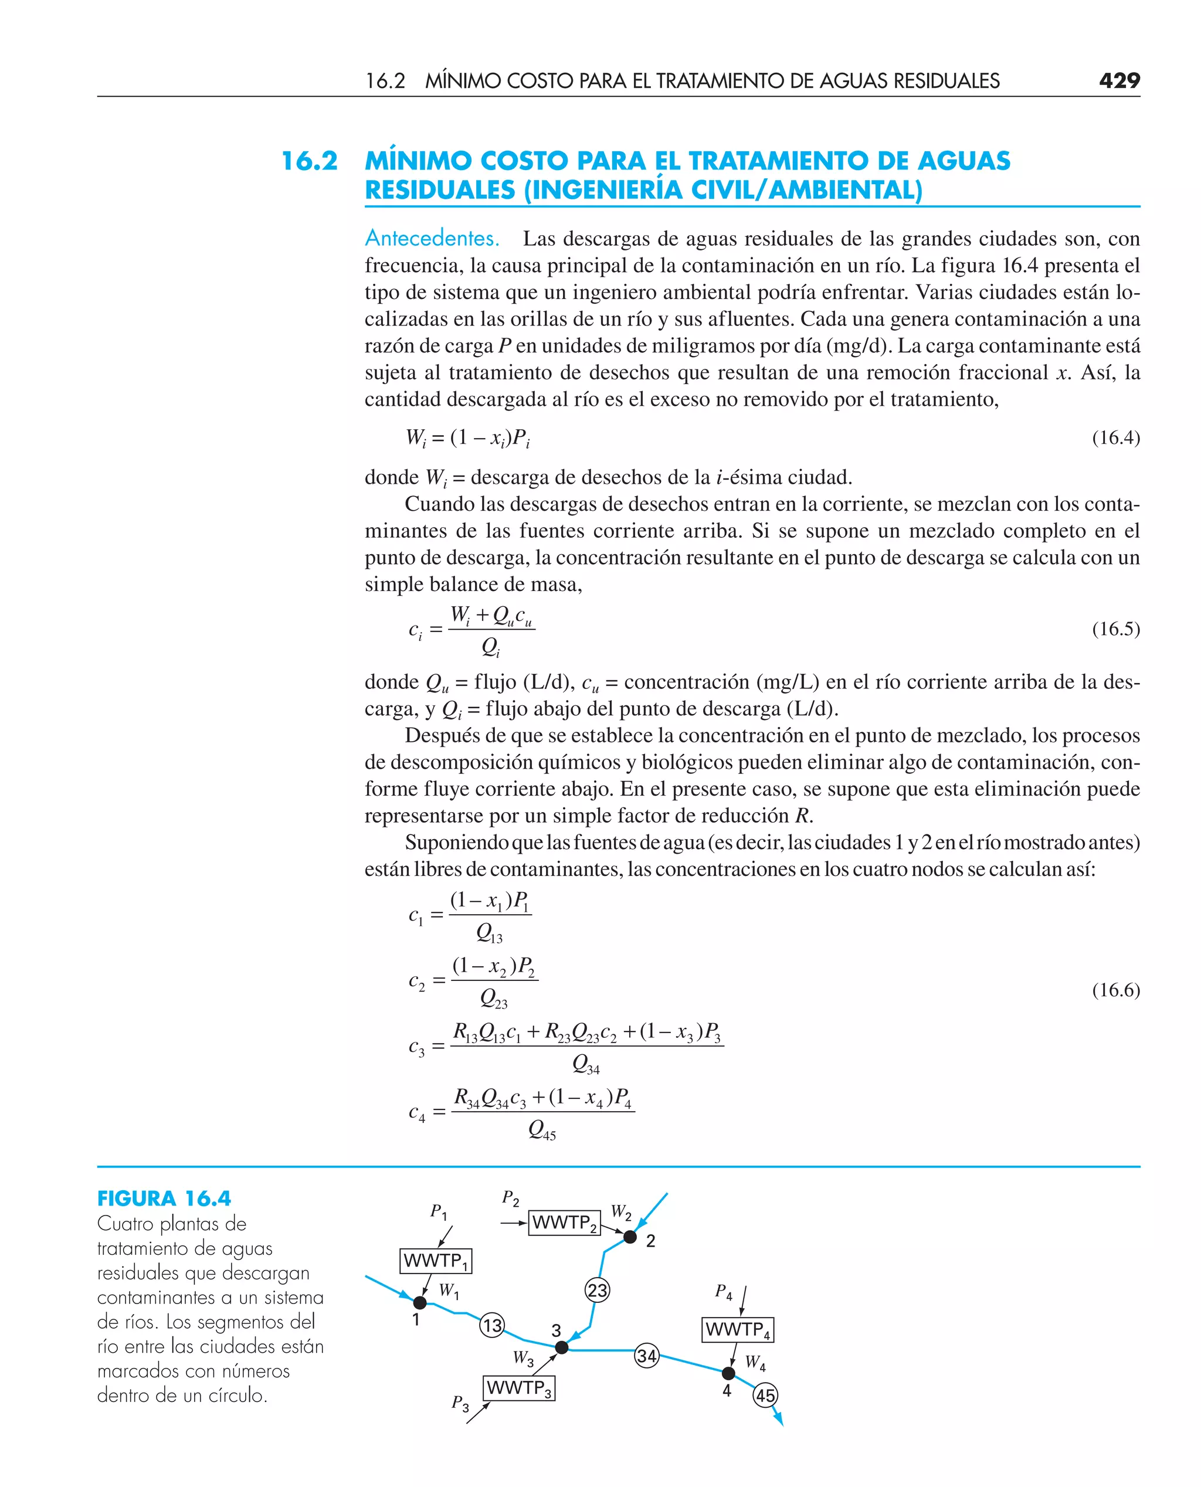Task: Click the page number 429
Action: point(1119,81)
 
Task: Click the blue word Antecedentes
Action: point(432,238)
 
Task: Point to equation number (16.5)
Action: point(1115,629)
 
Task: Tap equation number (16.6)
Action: point(1115,990)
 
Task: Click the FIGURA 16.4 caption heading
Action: point(164,1199)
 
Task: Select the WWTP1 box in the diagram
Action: point(436,1261)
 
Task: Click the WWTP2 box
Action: point(564,1223)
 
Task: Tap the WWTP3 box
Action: point(519,1388)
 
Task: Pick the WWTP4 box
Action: point(738,1329)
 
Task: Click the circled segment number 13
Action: point(492,1325)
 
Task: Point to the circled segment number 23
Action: point(597,1290)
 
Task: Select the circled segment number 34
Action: point(647,1356)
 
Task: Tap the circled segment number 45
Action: point(765,1395)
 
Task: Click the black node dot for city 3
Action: point(562,1347)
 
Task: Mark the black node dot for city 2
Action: point(630,1237)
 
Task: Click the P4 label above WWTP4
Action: point(724,1291)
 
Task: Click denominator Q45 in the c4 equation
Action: point(542,1129)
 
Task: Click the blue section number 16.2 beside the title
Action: point(309,161)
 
